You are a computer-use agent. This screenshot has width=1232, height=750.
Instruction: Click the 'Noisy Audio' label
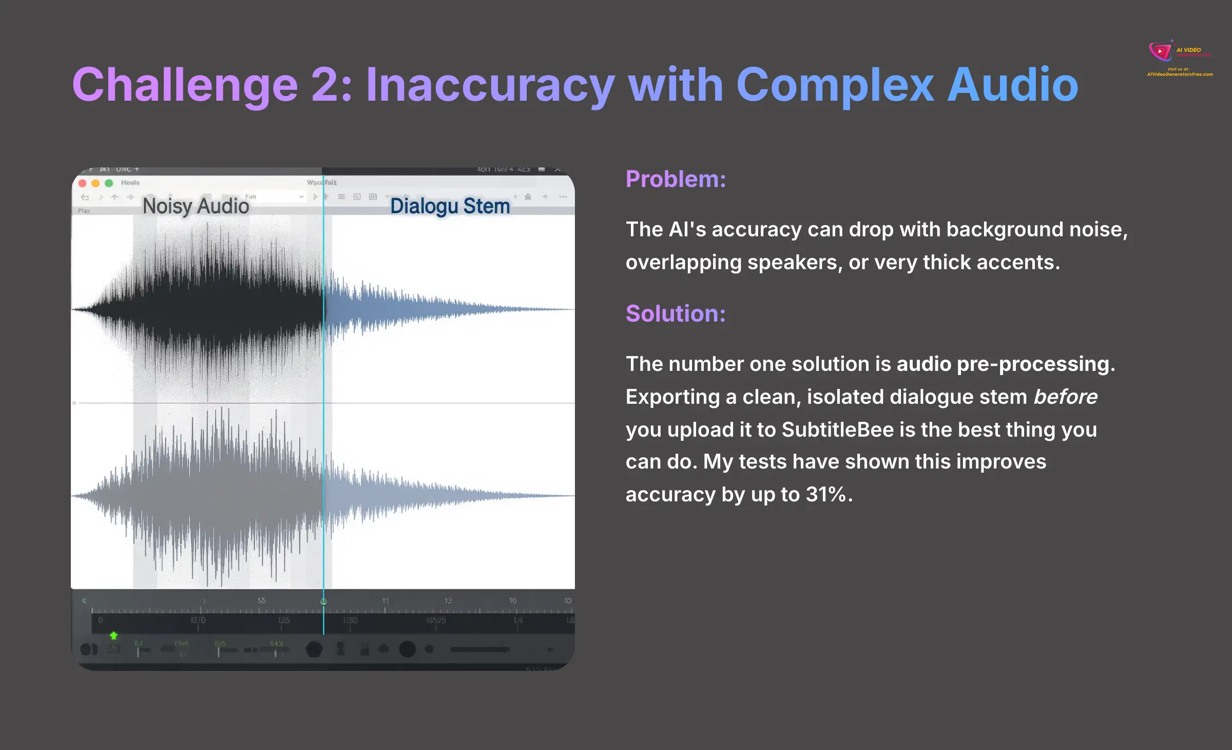[x=196, y=206]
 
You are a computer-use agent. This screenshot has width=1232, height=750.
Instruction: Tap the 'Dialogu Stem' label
[x=450, y=206]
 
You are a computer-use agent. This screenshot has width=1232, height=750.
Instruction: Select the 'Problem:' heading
[x=676, y=179]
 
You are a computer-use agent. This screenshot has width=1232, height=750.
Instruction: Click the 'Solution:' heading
[x=676, y=314]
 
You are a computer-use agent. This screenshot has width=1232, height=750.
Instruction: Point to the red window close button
[x=82, y=183]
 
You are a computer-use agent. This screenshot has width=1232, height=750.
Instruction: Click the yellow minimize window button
[x=95, y=183]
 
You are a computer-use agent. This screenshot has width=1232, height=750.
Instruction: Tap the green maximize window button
[x=109, y=183]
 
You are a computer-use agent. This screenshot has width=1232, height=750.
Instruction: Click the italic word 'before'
[x=1065, y=397]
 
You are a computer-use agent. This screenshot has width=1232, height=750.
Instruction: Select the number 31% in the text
[x=825, y=495]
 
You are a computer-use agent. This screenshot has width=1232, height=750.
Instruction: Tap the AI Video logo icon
[x=1160, y=51]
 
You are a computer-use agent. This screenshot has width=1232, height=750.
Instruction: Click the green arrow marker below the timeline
[x=113, y=636]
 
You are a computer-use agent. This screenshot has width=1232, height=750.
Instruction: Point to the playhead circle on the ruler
[x=323, y=602]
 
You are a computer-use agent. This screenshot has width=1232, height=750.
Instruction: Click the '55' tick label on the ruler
[x=261, y=601]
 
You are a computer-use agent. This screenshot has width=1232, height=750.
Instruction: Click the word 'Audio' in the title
[x=1012, y=85]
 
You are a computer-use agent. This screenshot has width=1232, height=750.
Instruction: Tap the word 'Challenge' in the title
[x=185, y=85]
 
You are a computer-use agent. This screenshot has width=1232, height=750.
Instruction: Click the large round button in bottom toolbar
[x=407, y=649]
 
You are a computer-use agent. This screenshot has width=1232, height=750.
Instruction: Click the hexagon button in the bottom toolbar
[x=314, y=649]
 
